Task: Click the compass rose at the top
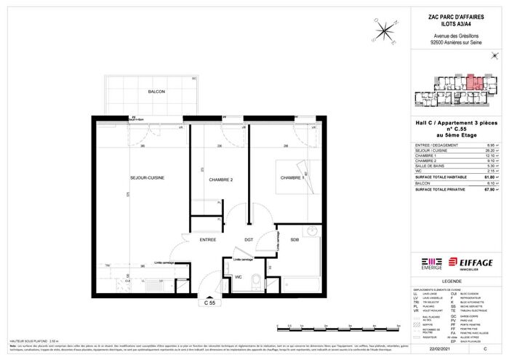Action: [382, 30]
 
